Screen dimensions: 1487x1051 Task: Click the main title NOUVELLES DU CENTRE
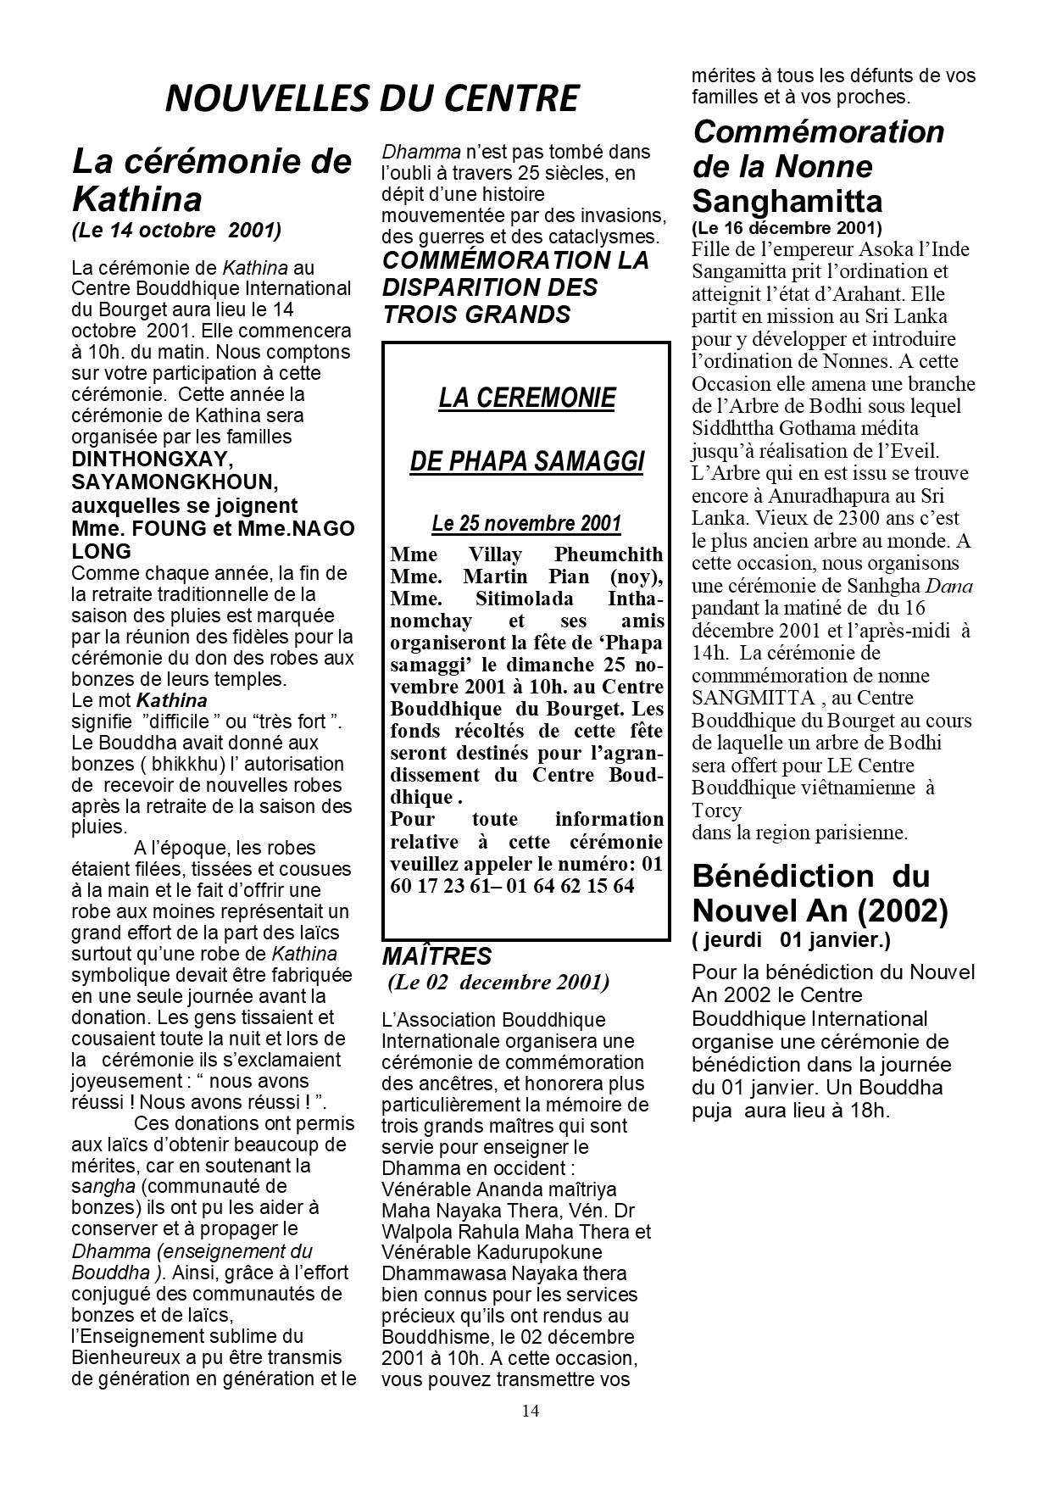371,99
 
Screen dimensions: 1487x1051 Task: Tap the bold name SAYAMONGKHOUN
175,482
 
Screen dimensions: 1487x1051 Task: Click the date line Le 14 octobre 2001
176,231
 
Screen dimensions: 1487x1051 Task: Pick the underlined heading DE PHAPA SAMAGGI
526,461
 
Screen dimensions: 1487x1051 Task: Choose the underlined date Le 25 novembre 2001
526,524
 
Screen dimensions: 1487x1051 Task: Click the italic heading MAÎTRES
437,956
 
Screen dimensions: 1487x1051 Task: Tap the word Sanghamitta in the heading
787,202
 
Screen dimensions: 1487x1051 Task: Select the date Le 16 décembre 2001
787,228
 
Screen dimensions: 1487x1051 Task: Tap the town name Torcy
716,810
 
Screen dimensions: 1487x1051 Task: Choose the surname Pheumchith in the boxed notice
609,555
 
